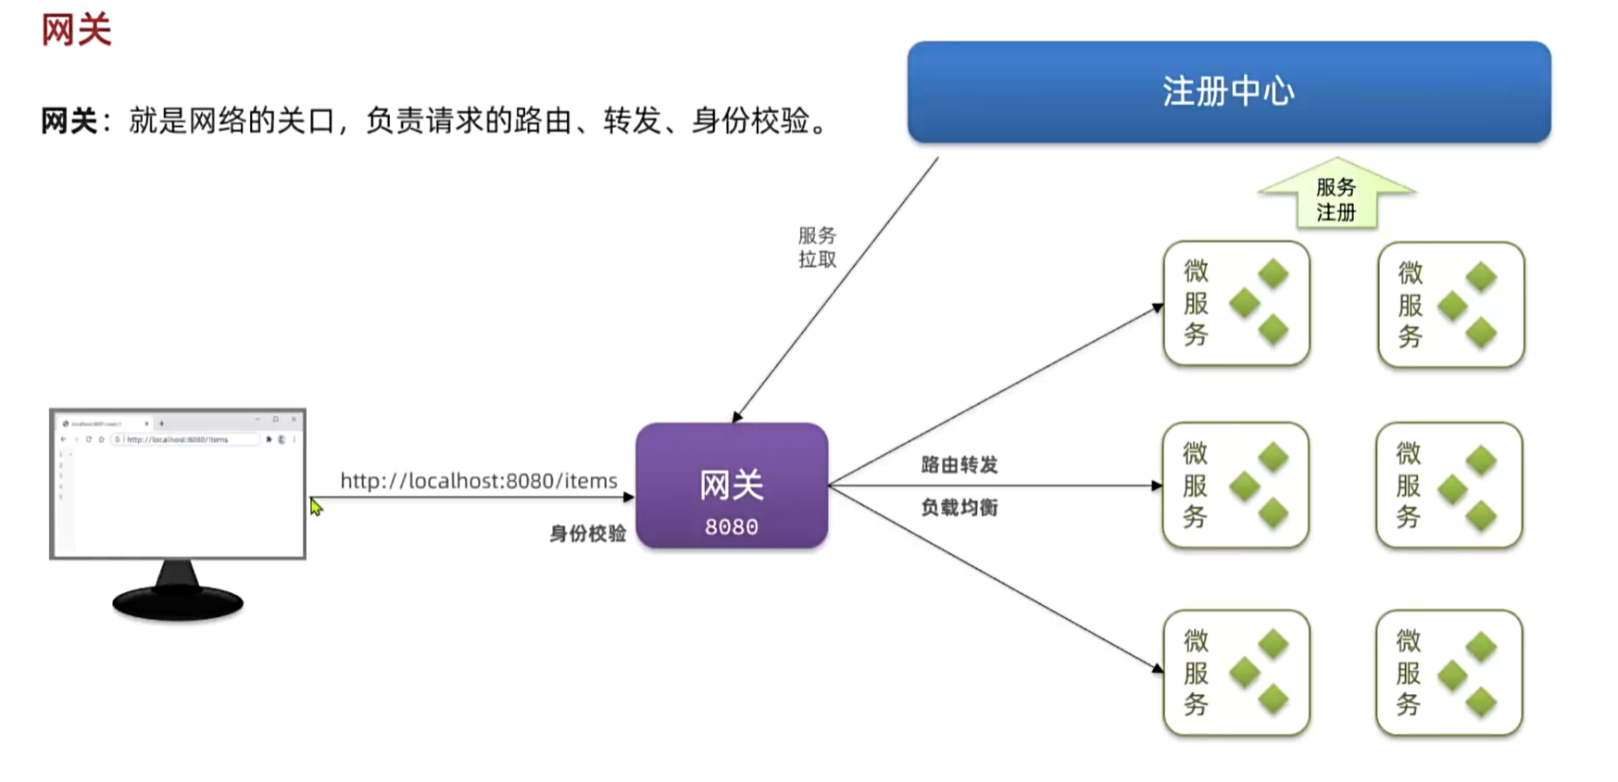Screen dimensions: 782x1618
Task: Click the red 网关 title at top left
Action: click(76, 30)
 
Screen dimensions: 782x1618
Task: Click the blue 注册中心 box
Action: click(1228, 92)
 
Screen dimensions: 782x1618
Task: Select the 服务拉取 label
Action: click(817, 247)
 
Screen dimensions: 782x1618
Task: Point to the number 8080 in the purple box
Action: click(732, 527)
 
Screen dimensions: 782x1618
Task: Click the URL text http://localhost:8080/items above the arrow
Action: click(478, 481)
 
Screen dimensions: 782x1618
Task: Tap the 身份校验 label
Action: click(588, 534)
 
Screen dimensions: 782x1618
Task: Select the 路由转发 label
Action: click(960, 465)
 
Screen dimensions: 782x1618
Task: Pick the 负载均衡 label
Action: click(960, 508)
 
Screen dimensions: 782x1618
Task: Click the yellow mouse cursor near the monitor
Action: click(316, 507)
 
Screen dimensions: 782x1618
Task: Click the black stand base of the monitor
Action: click(178, 603)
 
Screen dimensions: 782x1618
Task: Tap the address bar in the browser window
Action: click(185, 439)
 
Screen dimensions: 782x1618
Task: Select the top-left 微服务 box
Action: click(1235, 303)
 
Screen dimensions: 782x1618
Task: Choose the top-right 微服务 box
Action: click(1450, 305)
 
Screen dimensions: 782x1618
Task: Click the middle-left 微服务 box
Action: click(1235, 486)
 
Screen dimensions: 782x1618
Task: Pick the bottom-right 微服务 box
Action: click(1449, 673)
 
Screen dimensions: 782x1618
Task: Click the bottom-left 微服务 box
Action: click(1235, 673)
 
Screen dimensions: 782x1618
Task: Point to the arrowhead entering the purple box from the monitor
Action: click(629, 498)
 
